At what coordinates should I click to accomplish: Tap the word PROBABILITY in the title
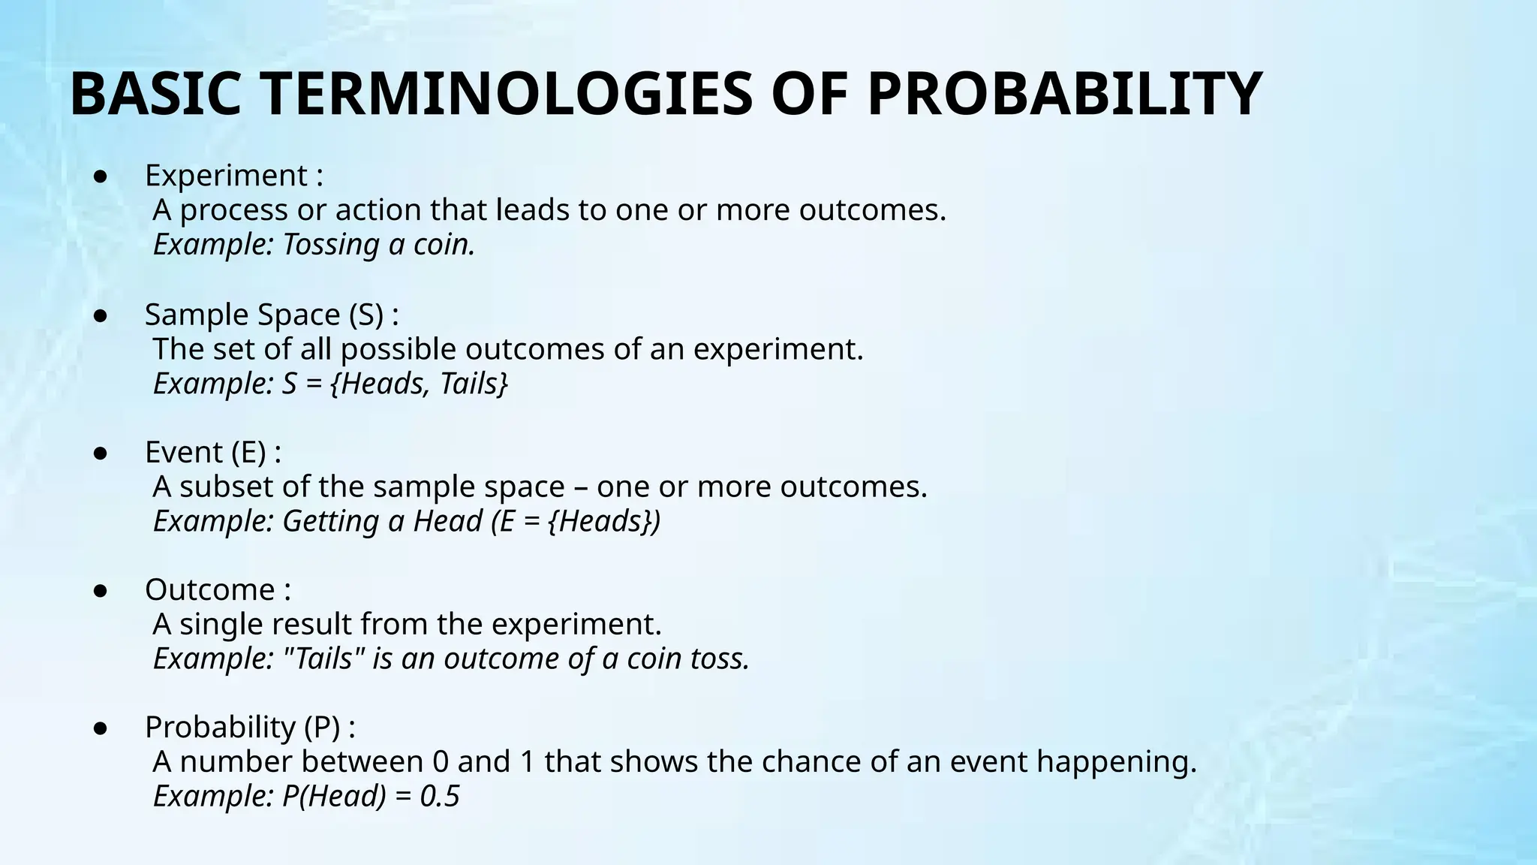coord(1064,95)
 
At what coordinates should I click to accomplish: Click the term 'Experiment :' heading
coord(233,176)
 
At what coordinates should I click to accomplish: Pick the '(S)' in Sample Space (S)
coord(366,315)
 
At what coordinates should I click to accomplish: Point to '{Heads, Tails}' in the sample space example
coord(419,384)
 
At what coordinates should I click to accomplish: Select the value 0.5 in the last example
coord(439,797)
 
